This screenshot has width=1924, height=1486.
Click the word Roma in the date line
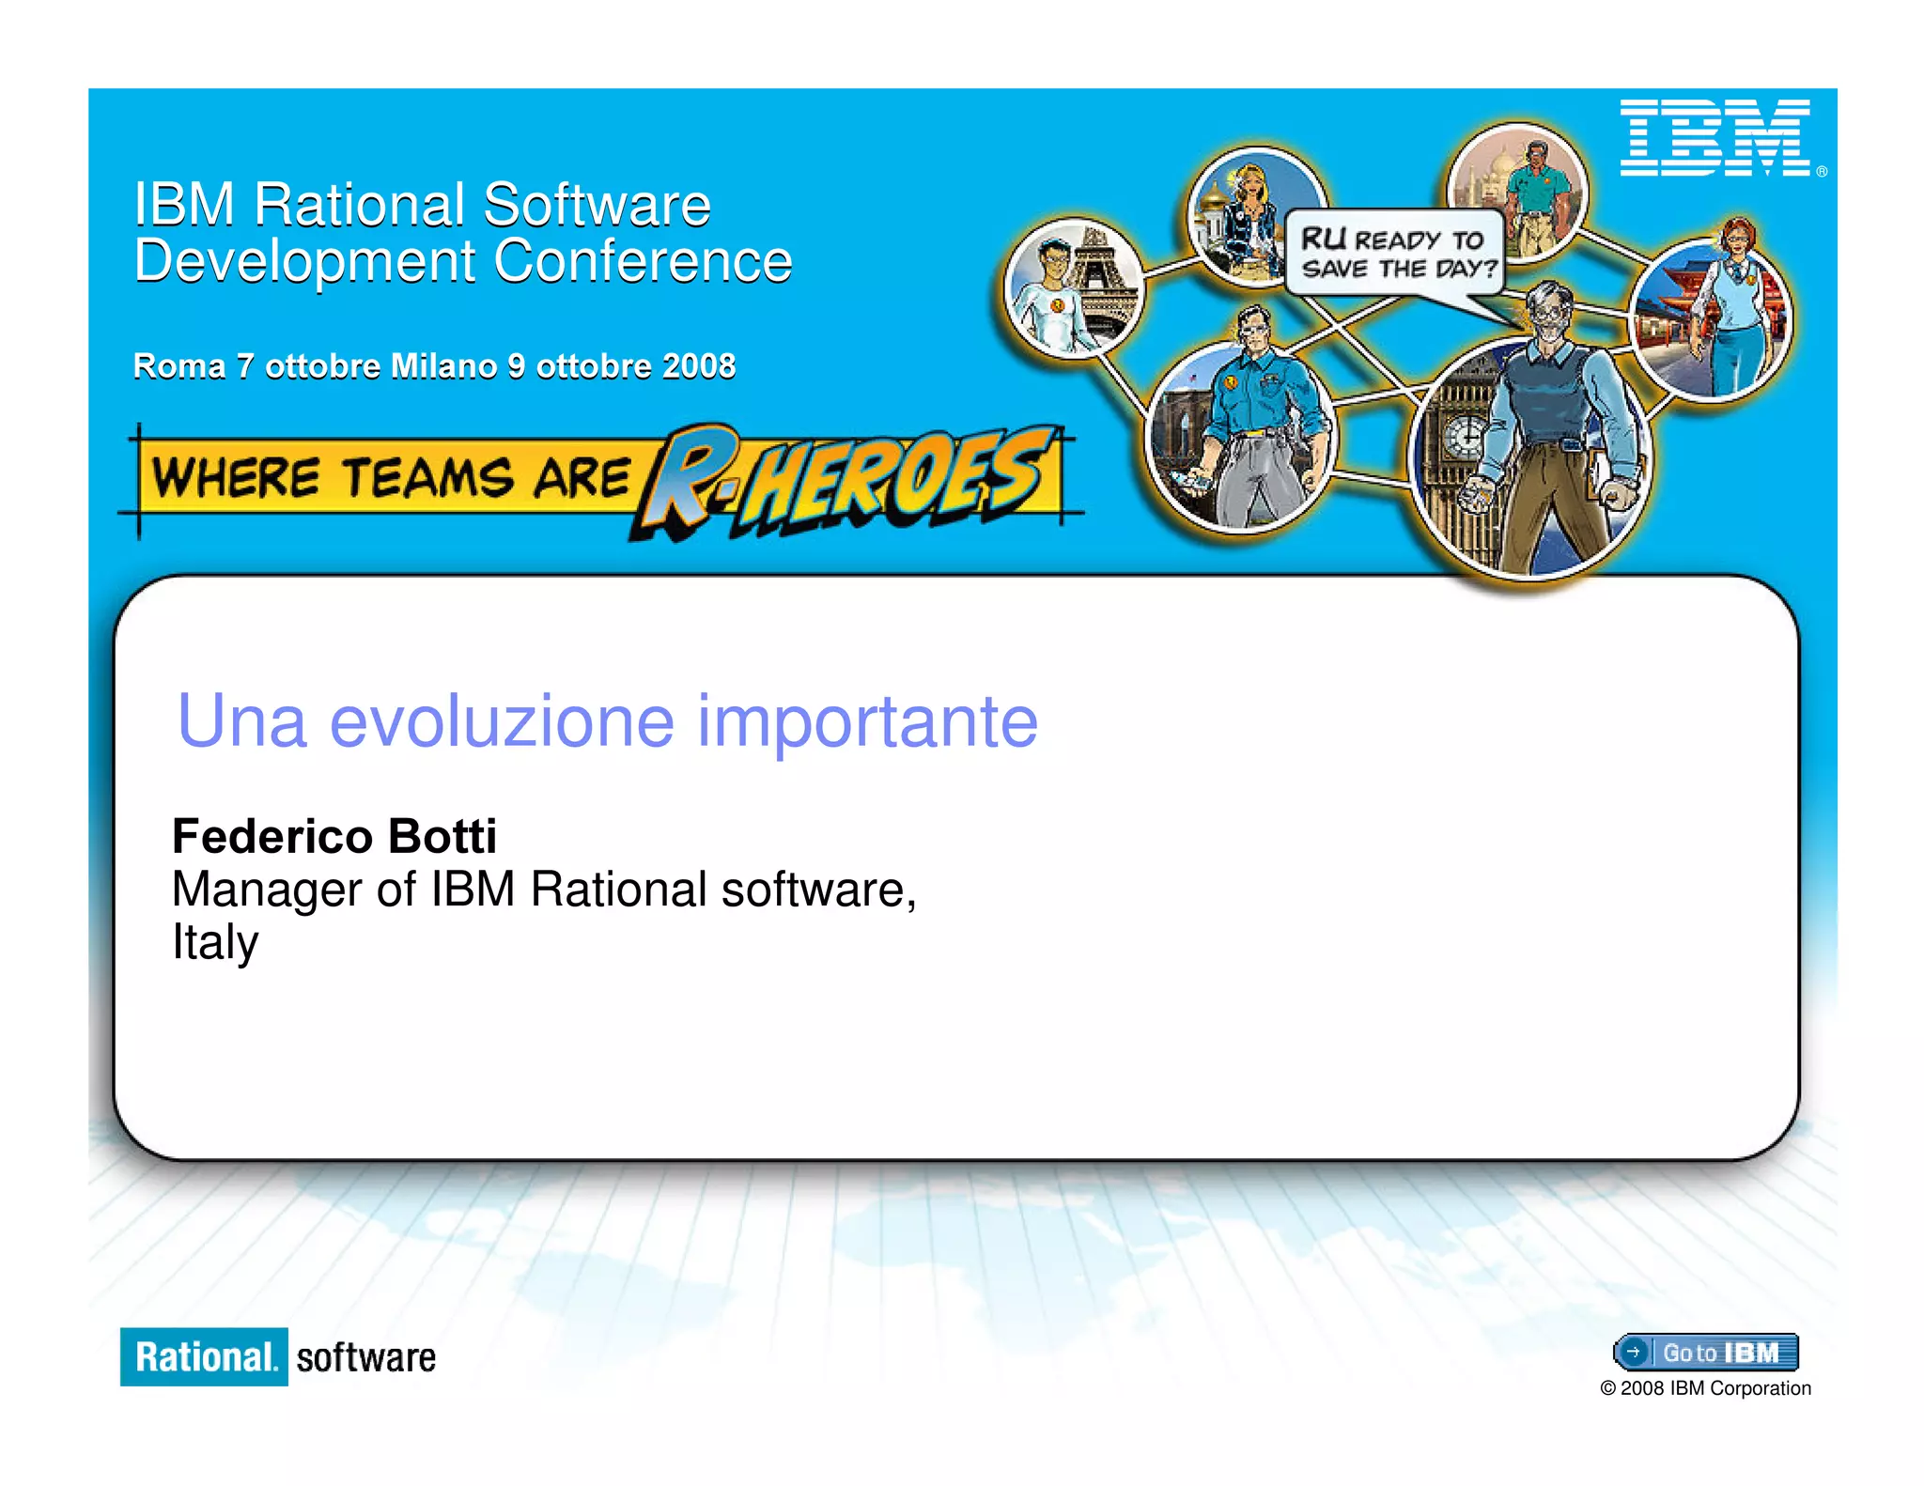178,366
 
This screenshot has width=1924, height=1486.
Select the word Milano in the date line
442,366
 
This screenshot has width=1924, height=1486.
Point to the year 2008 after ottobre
698,366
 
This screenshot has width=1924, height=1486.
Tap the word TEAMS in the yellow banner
427,477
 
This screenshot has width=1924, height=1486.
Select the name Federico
272,836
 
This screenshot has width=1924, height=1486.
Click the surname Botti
442,836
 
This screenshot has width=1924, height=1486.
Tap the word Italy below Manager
215,942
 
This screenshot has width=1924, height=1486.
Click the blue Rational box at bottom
204,1356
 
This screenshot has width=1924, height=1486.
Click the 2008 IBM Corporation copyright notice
1705,1388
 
